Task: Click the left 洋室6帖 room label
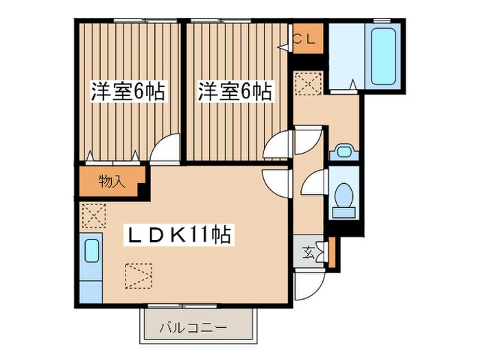[128, 92]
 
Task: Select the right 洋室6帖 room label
[235, 92]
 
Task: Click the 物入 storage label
[112, 182]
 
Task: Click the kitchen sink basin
[91, 250]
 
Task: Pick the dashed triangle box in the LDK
[139, 276]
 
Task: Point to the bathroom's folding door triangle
[352, 84]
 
